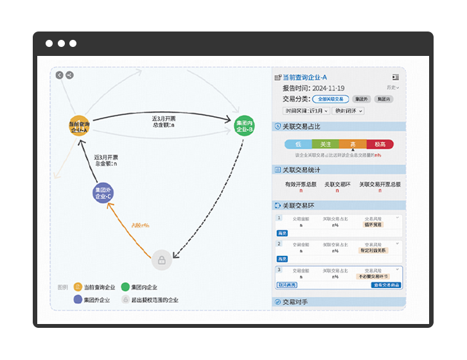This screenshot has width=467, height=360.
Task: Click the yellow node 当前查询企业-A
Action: [x=78, y=126]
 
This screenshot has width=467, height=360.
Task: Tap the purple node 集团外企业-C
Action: [x=103, y=193]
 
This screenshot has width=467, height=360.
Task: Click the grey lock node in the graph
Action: [x=162, y=260]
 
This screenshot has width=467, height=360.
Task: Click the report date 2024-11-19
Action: [x=328, y=88]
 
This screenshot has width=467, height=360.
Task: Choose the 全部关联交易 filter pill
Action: [x=331, y=99]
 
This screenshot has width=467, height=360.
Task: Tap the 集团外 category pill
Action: [x=362, y=99]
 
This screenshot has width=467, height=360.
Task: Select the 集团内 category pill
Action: [x=383, y=99]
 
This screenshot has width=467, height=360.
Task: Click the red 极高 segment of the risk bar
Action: [x=380, y=145]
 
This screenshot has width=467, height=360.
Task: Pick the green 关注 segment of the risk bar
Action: [x=326, y=145]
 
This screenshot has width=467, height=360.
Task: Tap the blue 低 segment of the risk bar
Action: [x=298, y=145]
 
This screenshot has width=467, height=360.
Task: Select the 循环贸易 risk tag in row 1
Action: [x=373, y=225]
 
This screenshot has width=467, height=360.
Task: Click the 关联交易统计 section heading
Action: [x=301, y=170]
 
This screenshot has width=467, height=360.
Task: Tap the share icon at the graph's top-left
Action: [x=69, y=75]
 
